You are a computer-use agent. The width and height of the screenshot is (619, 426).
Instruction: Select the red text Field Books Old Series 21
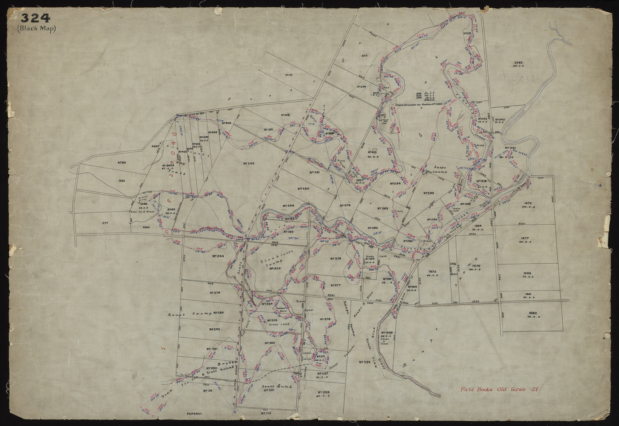point(499,389)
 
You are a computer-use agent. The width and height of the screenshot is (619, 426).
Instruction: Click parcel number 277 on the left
point(105,223)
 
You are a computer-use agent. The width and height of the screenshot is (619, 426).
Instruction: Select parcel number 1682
point(528,313)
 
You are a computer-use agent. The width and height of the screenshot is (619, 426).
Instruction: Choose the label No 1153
point(323,392)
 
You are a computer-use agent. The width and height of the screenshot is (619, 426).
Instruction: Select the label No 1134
point(365,362)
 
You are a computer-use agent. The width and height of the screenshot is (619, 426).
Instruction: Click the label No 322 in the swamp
point(275,268)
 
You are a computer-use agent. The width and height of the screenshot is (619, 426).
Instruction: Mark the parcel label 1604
point(528,273)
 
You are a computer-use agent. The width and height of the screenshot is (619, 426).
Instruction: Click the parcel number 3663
point(146,227)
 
